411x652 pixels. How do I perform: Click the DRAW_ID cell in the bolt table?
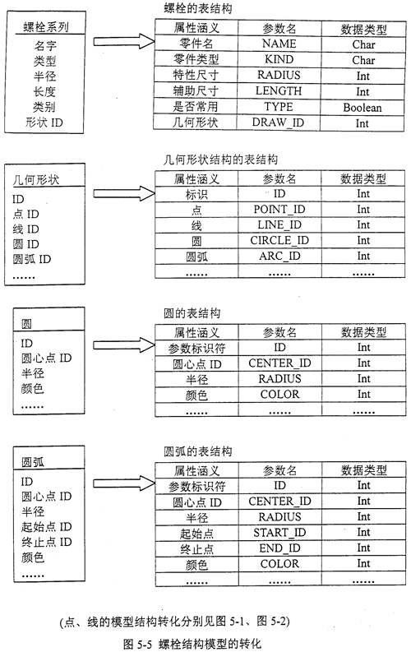pos(278,123)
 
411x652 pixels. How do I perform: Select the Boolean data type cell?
pos(363,108)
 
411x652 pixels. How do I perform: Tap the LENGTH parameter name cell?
pos(279,91)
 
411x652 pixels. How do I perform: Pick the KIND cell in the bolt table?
pos(279,59)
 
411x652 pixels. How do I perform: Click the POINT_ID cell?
pos(279,209)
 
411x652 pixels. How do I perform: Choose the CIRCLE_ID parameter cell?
pos(279,240)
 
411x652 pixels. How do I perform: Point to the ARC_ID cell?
pos(279,257)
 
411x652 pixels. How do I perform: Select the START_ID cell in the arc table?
pos(279,533)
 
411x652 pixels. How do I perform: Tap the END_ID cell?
pos(279,548)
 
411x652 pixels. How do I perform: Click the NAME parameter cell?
pos(279,44)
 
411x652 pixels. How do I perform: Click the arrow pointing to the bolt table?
pos(124,41)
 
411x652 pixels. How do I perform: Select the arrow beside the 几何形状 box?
pos(124,193)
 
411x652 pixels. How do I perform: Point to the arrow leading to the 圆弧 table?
pos(124,483)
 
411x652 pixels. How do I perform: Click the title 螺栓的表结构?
pos(198,8)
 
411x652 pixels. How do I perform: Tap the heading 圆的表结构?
pos(192,313)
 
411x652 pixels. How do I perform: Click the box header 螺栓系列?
pos(46,27)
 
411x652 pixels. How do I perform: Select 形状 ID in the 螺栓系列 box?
pos(44,123)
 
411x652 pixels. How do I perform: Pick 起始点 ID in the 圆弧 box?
pos(47,527)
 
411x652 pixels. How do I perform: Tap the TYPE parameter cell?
pos(279,107)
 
